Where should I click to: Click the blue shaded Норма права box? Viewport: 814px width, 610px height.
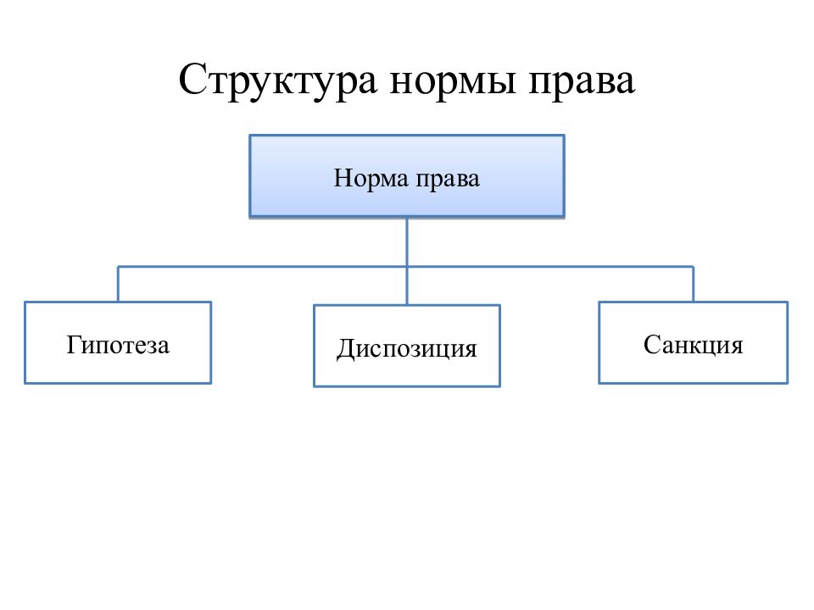pyautogui.click(x=407, y=176)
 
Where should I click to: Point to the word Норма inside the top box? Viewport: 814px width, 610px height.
pyautogui.click(x=371, y=178)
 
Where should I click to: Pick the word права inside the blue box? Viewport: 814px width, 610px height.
pyautogui.click(x=448, y=180)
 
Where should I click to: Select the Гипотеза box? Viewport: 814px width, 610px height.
pyautogui.click(x=118, y=343)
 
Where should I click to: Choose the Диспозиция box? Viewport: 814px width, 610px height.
pyautogui.click(x=407, y=346)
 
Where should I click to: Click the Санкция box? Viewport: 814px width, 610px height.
pyautogui.click(x=694, y=343)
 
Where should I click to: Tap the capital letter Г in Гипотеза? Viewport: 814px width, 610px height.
pyautogui.click(x=73, y=345)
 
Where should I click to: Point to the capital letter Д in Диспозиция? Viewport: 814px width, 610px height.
pyautogui.click(x=345, y=348)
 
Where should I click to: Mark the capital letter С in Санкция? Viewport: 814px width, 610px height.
pyautogui.click(x=651, y=345)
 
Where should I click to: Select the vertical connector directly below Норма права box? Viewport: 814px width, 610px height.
pyautogui.click(x=407, y=242)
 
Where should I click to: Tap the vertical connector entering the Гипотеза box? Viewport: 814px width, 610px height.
pyautogui.click(x=118, y=284)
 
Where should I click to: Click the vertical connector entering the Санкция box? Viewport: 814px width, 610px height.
pyautogui.click(x=694, y=284)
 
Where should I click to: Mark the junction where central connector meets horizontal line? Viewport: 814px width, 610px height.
pyautogui.click(x=407, y=267)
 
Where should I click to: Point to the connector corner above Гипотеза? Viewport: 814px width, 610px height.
pyautogui.click(x=118, y=267)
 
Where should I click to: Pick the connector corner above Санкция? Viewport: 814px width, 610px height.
pyautogui.click(x=694, y=267)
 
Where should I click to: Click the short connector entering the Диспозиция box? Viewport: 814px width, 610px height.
pyautogui.click(x=407, y=286)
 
